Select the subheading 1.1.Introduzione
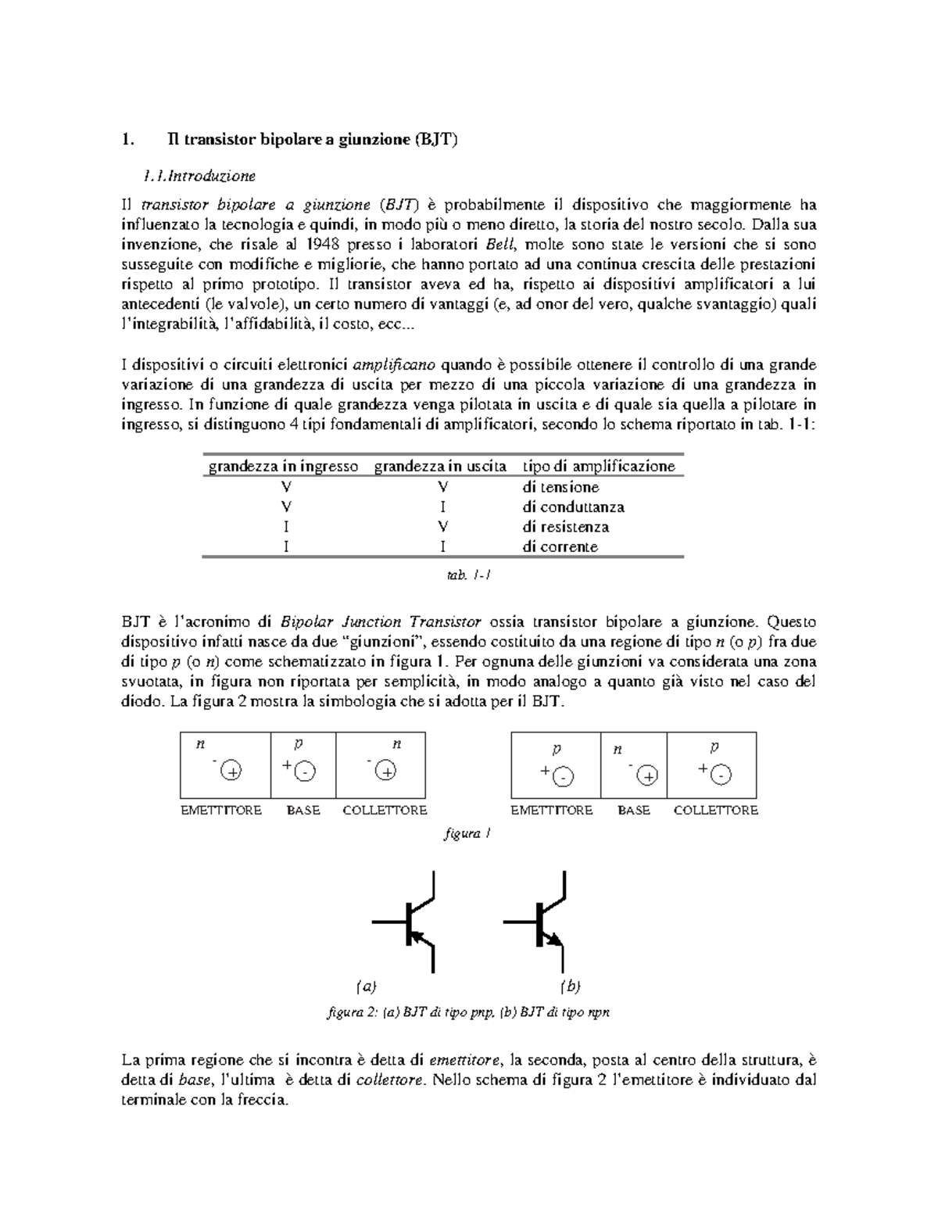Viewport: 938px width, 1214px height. tap(199, 176)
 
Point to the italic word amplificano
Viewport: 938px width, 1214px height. tap(396, 365)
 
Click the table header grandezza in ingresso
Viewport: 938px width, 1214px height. tap(283, 467)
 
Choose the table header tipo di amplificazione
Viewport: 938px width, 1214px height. tap(599, 467)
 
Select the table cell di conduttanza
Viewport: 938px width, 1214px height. tap(573, 507)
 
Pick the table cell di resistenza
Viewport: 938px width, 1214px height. tap(565, 527)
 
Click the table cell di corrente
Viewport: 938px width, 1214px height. tap(560, 547)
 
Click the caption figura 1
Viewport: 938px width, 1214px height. tap(467, 833)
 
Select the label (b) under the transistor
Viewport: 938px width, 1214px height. tap(571, 987)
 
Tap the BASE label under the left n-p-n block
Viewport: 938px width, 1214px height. tap(303, 811)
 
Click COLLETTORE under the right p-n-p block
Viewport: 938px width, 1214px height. tap(715, 811)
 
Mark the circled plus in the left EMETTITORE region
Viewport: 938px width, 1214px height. tap(231, 772)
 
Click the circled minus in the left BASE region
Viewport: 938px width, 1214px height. tap(305, 772)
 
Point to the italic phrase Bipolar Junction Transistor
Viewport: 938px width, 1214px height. tap(381, 623)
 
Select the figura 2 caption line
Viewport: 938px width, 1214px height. tap(467, 1012)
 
